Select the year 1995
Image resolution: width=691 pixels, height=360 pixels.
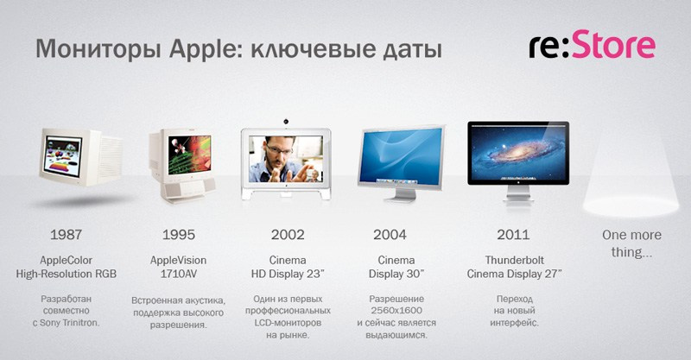[x=178, y=234]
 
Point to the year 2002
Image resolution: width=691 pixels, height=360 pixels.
[x=286, y=234]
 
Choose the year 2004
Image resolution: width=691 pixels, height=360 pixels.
[x=390, y=234]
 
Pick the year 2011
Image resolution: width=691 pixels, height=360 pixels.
[x=514, y=234]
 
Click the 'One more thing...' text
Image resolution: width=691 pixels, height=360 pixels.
[x=631, y=243]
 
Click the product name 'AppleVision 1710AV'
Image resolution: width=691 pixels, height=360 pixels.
[x=178, y=267]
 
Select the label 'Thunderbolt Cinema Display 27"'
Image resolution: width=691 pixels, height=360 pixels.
[x=514, y=267]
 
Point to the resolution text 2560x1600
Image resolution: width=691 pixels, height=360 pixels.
[x=396, y=309]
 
